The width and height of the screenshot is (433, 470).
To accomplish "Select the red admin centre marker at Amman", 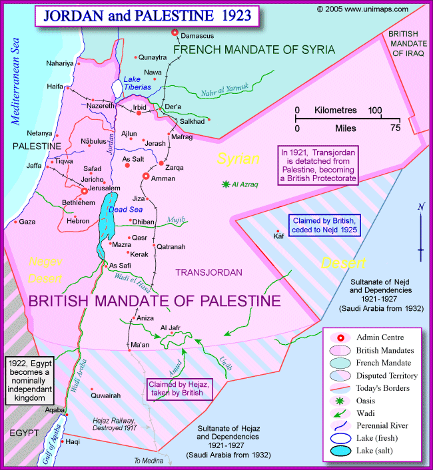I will pyautogui.click(x=146, y=176).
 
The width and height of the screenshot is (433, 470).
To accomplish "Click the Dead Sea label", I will pyautogui.click(x=121, y=208).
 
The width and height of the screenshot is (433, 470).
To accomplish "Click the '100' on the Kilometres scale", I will pyautogui.click(x=374, y=110).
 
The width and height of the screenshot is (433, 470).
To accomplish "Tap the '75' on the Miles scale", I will pyautogui.click(x=395, y=128).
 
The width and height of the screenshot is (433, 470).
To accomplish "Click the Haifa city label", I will pyautogui.click(x=55, y=87).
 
